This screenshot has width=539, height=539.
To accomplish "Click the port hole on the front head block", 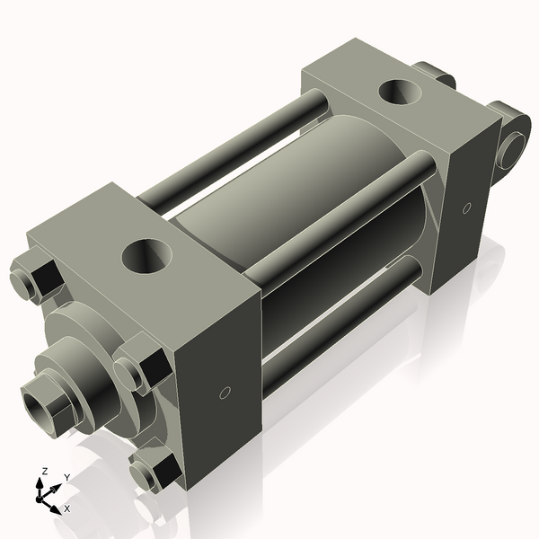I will tap(146, 256).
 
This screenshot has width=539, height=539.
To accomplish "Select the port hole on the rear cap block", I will tap(396, 92).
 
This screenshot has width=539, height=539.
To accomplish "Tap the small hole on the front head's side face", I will tap(225, 392).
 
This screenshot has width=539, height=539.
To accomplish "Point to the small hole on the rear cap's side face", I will tap(465, 208).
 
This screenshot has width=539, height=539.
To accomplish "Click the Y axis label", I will tap(66, 477).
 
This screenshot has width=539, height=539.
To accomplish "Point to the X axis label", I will tap(67, 508).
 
